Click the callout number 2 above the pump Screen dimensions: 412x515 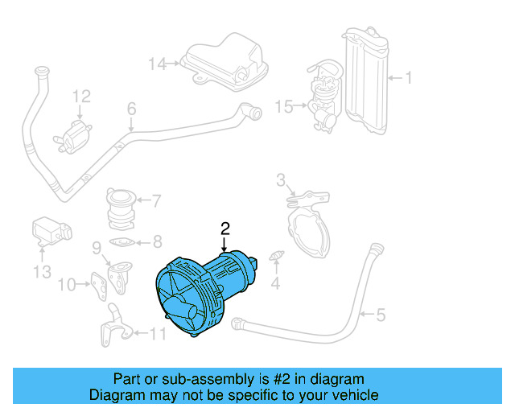pos(225,228)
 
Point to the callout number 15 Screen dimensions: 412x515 pos(282,105)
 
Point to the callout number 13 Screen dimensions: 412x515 pos(42,272)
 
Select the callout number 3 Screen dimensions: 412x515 pos(281,179)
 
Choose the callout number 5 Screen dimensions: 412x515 pos(381,314)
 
